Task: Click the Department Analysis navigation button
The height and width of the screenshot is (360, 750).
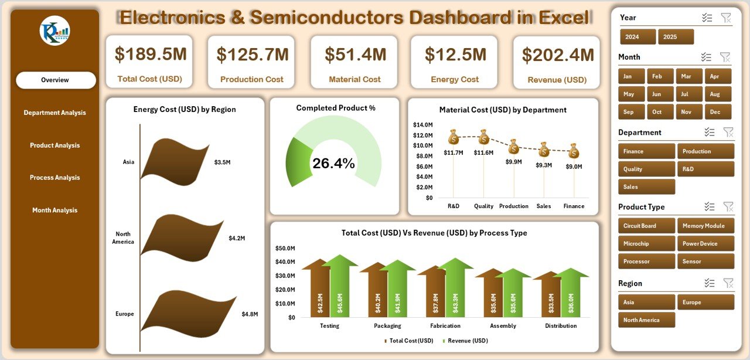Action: click(x=55, y=113)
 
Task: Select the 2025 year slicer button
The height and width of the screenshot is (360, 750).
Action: click(x=676, y=37)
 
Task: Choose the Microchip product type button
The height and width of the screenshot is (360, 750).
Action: click(x=646, y=244)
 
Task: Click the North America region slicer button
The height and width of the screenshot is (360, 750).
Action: click(x=646, y=320)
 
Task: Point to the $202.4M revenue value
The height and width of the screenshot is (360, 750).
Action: click(x=557, y=55)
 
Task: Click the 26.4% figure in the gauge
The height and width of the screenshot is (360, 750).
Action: click(x=333, y=164)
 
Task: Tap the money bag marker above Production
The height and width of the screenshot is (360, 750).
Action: click(x=514, y=146)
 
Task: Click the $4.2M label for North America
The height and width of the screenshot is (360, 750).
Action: click(x=237, y=238)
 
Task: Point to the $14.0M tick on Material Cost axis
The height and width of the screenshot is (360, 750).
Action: click(x=422, y=125)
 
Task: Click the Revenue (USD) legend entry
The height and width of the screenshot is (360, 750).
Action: click(x=465, y=341)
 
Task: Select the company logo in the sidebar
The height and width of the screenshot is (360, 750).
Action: click(x=55, y=31)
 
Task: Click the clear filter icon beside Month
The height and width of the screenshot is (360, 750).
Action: click(x=725, y=57)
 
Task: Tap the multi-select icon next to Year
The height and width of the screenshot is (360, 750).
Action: click(x=707, y=18)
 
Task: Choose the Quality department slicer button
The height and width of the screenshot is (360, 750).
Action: click(x=646, y=169)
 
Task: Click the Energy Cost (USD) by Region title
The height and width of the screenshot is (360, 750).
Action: click(x=185, y=110)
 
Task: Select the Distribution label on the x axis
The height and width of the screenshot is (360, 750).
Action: click(x=561, y=326)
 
